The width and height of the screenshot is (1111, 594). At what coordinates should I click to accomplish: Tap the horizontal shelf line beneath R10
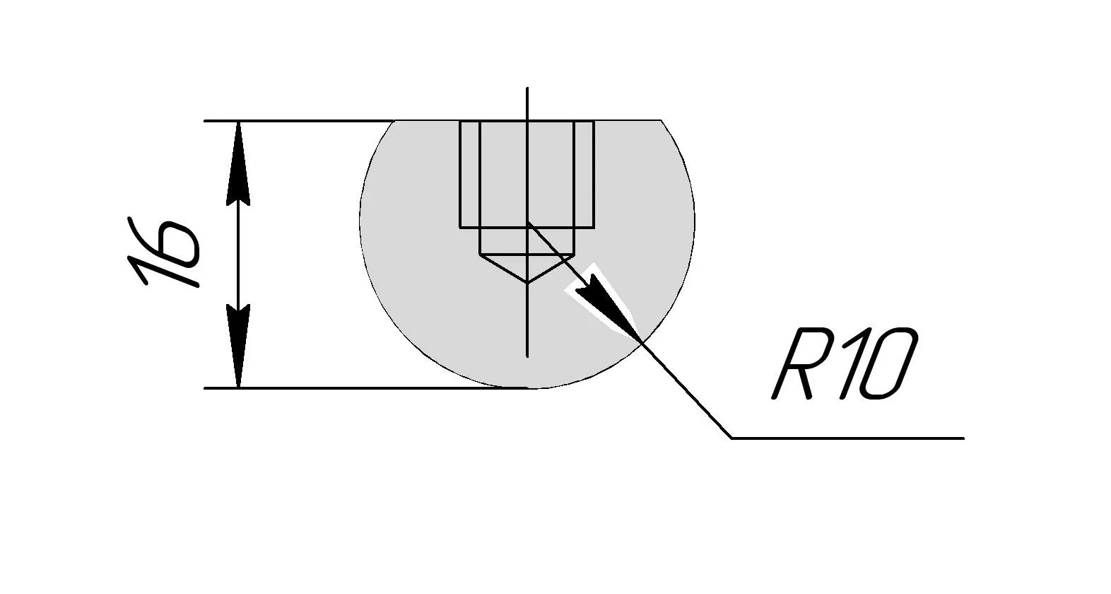coord(848,438)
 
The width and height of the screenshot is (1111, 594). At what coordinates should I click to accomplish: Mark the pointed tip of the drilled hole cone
coord(527,282)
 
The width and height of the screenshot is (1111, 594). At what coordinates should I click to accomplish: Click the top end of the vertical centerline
coord(527,88)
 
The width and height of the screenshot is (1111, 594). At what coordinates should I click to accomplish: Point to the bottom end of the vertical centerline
coord(527,356)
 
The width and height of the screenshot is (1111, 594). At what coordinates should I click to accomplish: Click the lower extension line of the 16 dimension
coord(353,388)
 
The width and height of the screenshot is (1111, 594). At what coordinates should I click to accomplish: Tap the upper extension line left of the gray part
coord(297,121)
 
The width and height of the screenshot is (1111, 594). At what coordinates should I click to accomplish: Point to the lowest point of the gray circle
coord(527,388)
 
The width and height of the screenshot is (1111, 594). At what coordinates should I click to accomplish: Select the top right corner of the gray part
coord(662,121)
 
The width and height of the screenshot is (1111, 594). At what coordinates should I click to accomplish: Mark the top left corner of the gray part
coord(394,121)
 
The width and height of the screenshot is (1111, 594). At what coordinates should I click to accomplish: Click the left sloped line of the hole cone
coord(503,268)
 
